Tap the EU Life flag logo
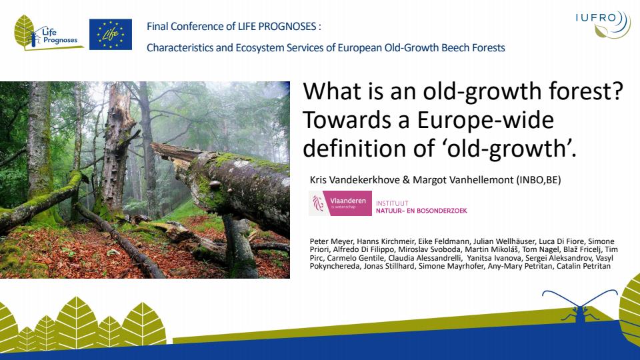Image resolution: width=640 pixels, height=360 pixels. point(111,34)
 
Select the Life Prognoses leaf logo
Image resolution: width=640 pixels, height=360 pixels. point(46,33)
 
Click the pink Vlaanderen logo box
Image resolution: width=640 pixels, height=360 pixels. point(340,203)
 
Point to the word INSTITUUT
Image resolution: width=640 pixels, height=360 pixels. point(392,203)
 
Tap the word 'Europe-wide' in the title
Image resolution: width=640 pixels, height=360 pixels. point(485,120)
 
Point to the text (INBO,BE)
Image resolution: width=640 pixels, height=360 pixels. point(539,179)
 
